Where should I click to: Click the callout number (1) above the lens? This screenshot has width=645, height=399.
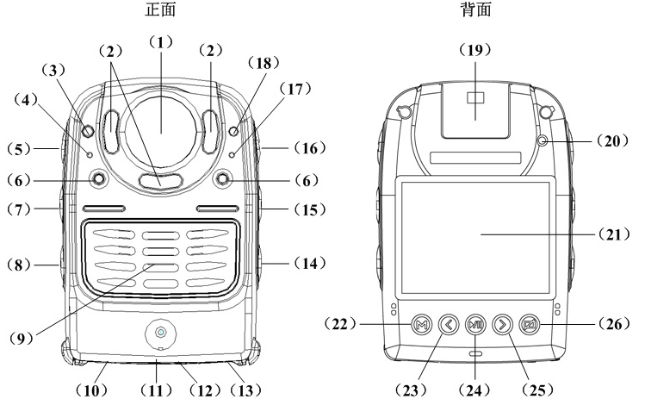pos(161,41)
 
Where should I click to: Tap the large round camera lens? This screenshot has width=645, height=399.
pos(161,125)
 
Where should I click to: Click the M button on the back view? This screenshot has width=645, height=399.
pos(421,325)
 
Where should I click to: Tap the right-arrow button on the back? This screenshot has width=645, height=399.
pos(505,325)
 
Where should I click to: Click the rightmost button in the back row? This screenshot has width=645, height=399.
pos(532,325)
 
